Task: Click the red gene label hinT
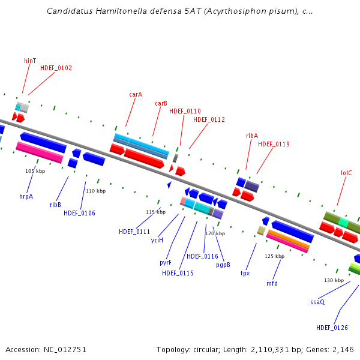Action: tap(30, 61)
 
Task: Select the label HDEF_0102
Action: tap(56, 68)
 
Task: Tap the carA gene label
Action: tap(136, 94)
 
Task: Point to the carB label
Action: tap(161, 103)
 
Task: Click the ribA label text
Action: tap(252, 136)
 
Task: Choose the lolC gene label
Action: tap(346, 173)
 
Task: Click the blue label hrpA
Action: tap(26, 197)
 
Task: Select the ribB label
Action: tap(55, 205)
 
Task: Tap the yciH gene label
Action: tap(157, 240)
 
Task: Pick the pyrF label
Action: tap(166, 262)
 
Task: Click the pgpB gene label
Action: tap(223, 265)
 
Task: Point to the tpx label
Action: tap(245, 273)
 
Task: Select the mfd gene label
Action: tap(272, 283)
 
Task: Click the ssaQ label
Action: tap(317, 302)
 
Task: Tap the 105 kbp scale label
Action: tap(35, 171)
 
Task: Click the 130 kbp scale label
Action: tap(334, 280)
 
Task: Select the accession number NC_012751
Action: tap(65, 350)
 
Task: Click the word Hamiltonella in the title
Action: tap(121, 11)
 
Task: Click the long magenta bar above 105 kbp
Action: tap(40, 152)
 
